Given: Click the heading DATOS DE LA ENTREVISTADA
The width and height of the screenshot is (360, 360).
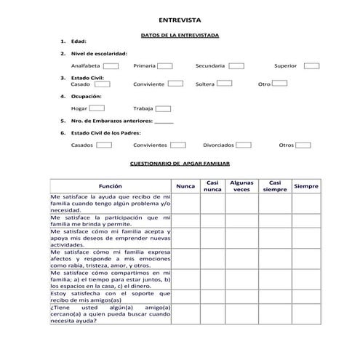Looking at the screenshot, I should coord(179,35).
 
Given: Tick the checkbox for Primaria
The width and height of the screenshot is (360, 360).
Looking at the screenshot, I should coord(165,65).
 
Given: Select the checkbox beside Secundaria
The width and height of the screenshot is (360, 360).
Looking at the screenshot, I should coord(236,65).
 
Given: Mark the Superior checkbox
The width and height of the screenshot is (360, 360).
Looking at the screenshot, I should coord(311,65).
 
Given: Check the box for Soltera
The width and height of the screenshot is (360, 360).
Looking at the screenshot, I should coord(225,84).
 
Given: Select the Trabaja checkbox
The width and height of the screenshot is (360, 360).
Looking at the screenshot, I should coord(163,108).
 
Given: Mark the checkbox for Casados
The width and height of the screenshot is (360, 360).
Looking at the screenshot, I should coord(104,145).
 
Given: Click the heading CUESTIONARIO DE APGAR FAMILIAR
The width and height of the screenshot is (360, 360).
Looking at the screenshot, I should coord(179,164).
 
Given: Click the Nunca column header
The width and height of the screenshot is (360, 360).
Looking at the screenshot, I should coord(186,186).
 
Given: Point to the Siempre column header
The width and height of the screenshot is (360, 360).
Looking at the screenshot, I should coord(306,186).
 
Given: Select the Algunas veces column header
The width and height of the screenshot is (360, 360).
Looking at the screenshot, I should coord(241,186).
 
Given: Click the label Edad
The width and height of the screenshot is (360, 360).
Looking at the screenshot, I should coord(79,41).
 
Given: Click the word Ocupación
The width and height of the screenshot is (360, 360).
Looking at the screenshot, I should coord(86,96).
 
